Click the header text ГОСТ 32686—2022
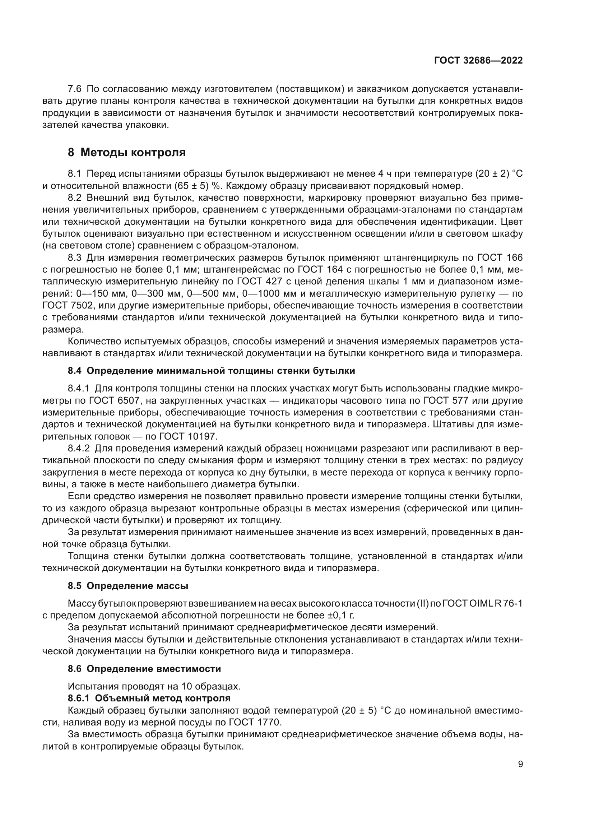coord(478,61)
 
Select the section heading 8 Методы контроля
coord(126,153)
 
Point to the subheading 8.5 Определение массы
coord(128,586)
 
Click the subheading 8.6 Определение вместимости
coord(144,669)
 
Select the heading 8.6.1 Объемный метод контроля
coord(149,698)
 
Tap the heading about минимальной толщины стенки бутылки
coord(212,371)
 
